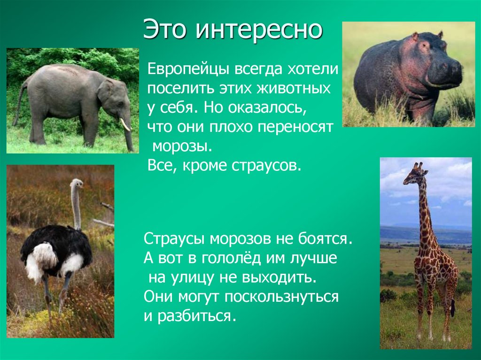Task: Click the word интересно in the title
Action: coord(259,30)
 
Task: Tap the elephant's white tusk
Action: coord(124,125)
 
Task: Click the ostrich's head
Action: coord(78,184)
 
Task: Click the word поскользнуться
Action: coord(281,297)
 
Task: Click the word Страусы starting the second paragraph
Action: coord(174,239)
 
